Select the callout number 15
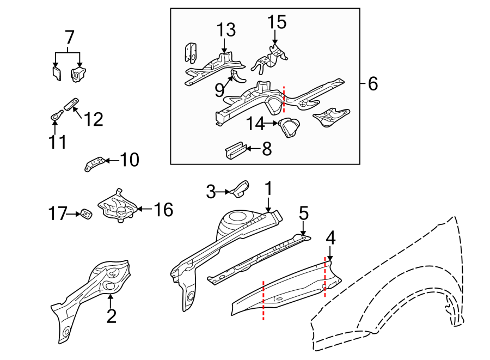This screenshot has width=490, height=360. pyautogui.click(x=277, y=22)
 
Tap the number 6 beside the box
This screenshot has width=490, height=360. pyautogui.click(x=372, y=84)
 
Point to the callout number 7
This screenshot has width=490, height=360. pyautogui.click(x=69, y=38)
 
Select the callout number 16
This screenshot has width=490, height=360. pyautogui.click(x=162, y=209)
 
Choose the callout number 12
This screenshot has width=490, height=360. pyautogui.click(x=93, y=119)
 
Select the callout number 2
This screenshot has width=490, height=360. pyautogui.click(x=111, y=316)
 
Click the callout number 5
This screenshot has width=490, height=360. pyautogui.click(x=304, y=213)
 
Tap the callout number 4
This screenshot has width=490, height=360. pyautogui.click(x=330, y=238)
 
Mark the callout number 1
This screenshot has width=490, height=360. pyautogui.click(x=268, y=190)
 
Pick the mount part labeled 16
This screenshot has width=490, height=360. pyautogui.click(x=118, y=206)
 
